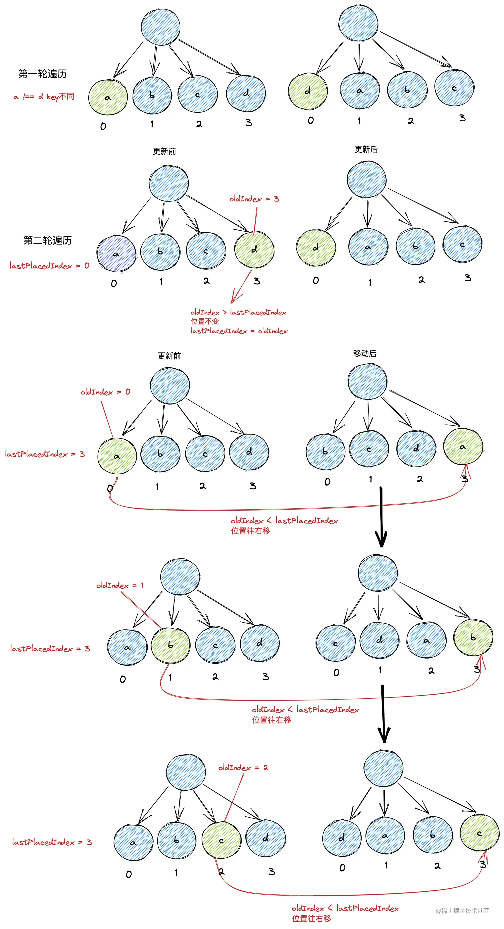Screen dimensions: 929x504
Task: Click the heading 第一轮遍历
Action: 43,74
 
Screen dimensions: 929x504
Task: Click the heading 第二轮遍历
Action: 47,240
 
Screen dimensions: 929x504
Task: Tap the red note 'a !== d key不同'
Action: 44,97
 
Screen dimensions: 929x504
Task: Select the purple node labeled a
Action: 116,254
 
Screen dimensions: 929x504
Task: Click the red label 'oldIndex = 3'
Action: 254,199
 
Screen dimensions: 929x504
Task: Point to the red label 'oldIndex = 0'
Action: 105,392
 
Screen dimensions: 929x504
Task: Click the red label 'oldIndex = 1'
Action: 119,586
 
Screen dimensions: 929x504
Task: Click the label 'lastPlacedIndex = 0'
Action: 49,266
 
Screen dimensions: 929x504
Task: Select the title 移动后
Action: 364,354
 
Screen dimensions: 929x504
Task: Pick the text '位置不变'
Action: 205,321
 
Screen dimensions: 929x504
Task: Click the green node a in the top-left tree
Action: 108,97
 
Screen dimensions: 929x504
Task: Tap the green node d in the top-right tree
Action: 308,91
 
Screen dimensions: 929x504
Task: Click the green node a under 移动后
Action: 463,447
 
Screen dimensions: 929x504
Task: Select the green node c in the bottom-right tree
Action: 479,833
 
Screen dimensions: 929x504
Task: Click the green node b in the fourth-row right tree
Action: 473,638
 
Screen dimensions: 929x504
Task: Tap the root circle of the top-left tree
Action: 161,27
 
